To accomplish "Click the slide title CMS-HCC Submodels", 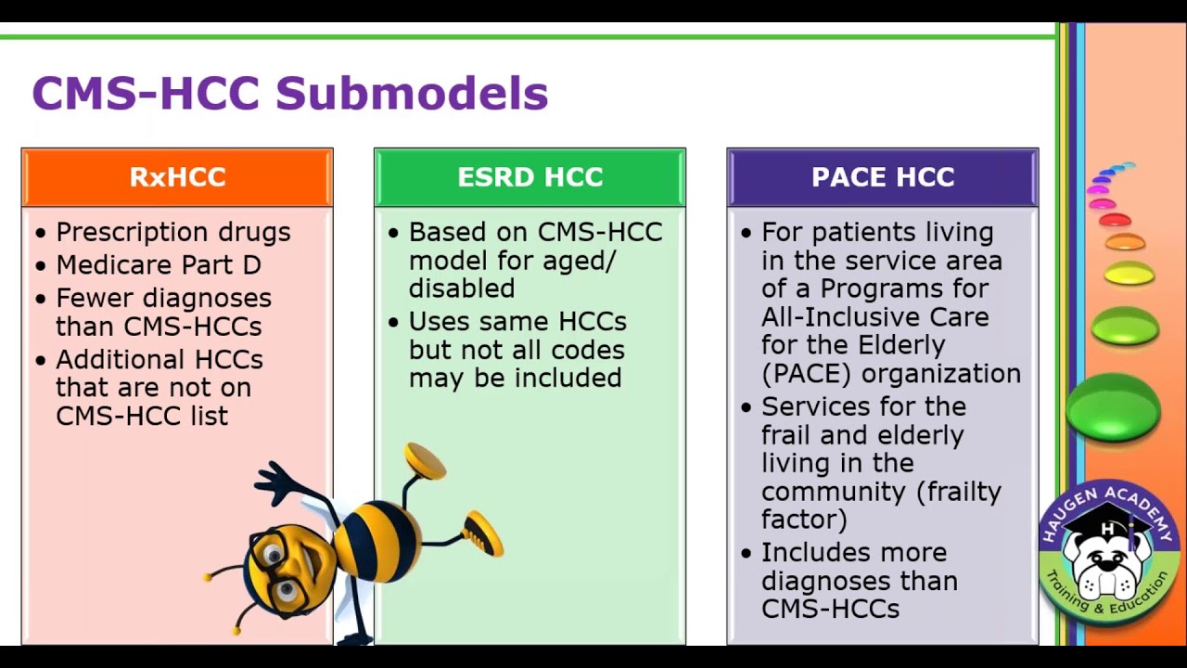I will coord(289,94).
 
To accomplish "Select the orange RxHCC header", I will coord(177,177).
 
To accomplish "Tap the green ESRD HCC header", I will coord(530,177).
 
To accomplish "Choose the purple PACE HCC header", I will coord(882,177).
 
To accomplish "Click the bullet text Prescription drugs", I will coord(172,232).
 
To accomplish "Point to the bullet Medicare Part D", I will coord(158,265).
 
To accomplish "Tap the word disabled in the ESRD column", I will coord(461,289).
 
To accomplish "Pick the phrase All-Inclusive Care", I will coord(874,317).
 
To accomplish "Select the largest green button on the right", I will coord(1113,407).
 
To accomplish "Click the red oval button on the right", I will coord(1115,220).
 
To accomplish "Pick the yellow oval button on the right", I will coord(1129,273).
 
